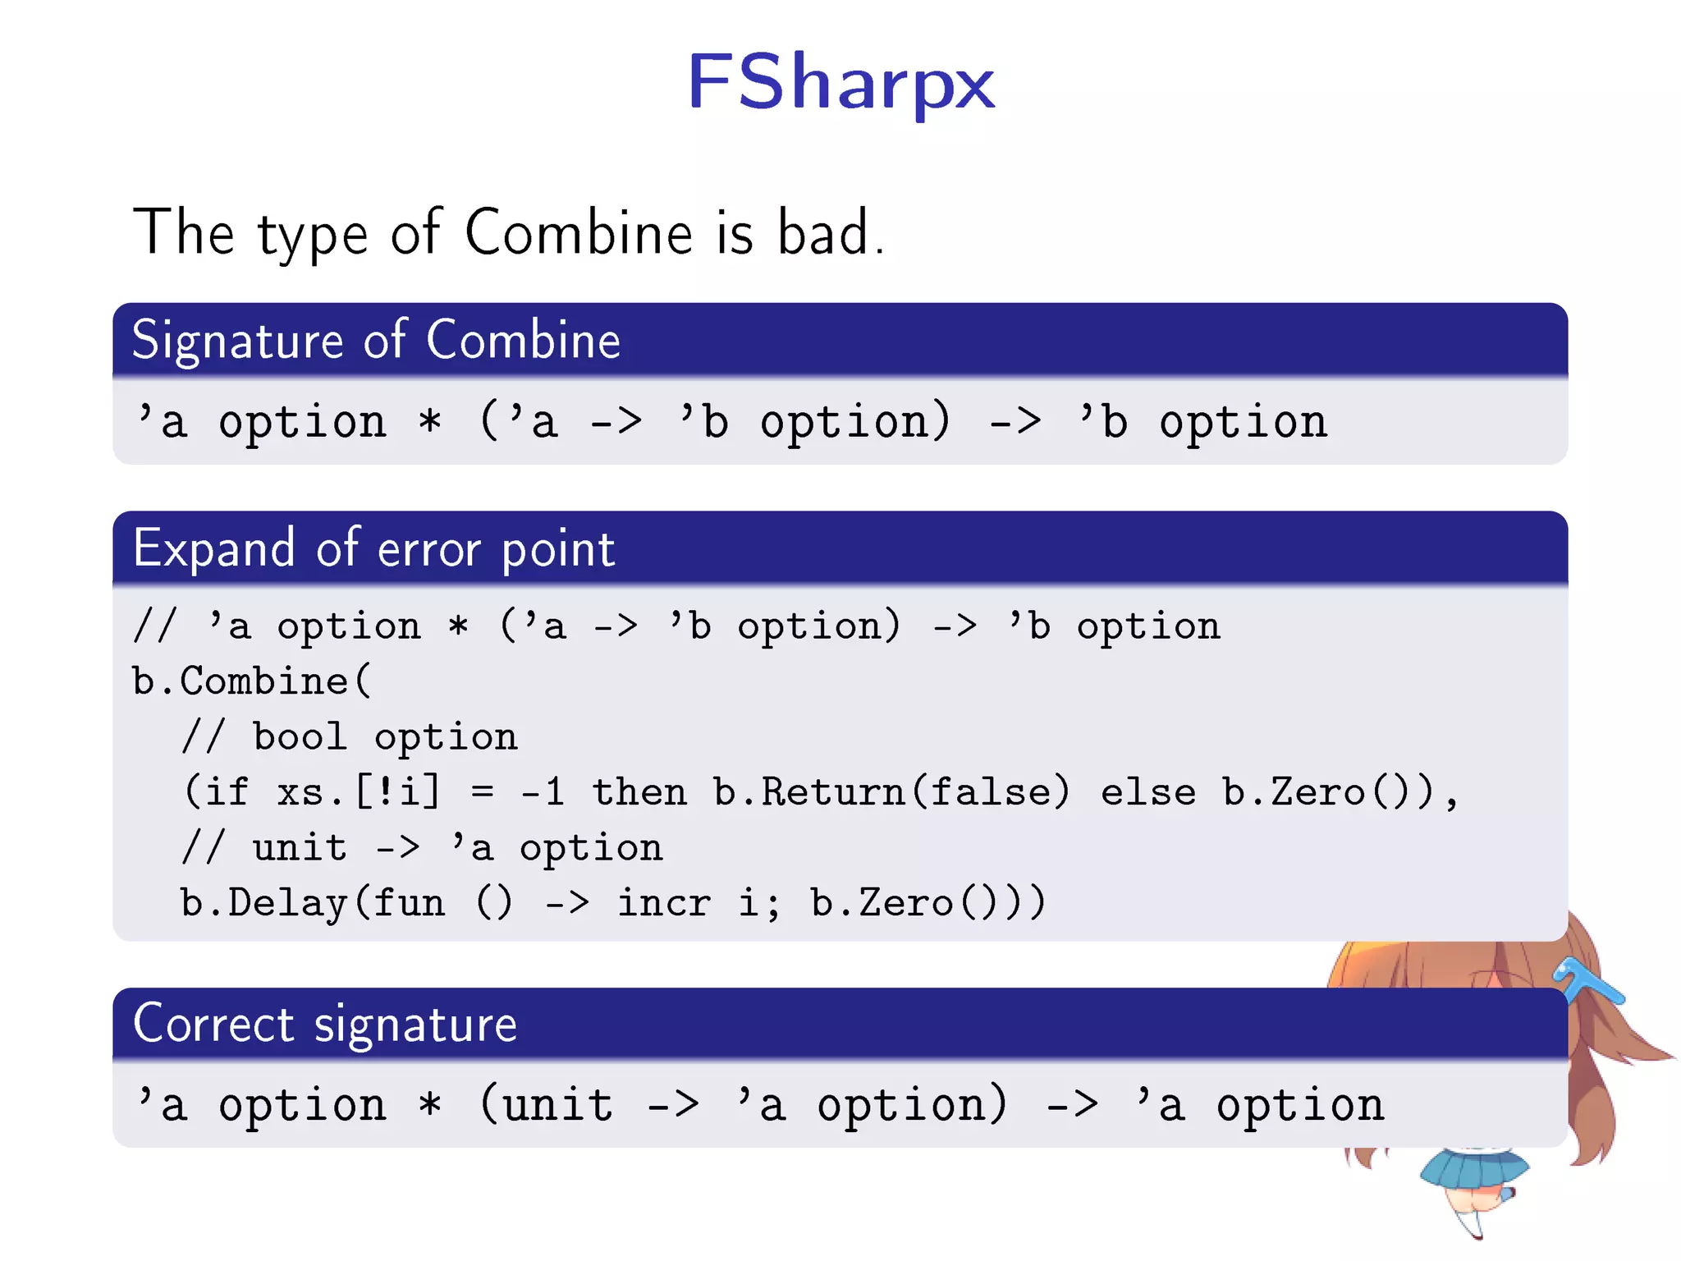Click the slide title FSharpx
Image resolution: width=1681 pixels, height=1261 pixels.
point(840,82)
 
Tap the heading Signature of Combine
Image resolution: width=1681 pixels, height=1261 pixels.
point(376,340)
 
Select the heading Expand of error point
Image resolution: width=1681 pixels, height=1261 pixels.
point(373,548)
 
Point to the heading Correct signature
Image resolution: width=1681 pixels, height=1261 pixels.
point(325,1024)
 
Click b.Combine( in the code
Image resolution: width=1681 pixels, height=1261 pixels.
point(251,681)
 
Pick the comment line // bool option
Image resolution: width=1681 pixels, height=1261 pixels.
point(350,736)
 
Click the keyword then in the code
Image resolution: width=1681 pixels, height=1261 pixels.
point(639,792)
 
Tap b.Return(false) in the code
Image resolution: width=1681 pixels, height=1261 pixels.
point(891,792)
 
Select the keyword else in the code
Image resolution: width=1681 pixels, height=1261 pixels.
point(1148,792)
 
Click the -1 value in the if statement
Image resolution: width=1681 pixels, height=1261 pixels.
point(543,792)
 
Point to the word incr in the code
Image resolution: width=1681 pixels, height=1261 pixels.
point(664,903)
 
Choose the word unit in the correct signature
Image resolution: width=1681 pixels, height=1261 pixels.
point(558,1105)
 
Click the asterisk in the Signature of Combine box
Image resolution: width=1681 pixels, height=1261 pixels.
point(430,423)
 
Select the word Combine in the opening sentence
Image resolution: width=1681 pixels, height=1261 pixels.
point(579,233)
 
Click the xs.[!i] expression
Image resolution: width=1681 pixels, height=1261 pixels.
point(358,792)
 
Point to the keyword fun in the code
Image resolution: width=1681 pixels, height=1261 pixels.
point(409,903)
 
